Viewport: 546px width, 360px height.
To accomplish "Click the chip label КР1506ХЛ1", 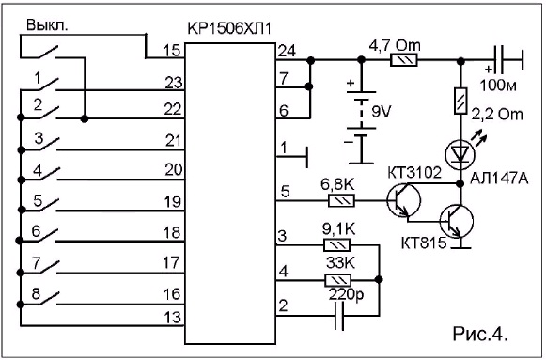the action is point(229,28).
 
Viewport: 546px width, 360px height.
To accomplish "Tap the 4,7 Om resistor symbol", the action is point(404,60).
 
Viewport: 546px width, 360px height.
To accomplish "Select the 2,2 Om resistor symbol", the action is point(460,101).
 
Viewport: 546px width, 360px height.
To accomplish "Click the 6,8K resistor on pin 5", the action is point(341,200).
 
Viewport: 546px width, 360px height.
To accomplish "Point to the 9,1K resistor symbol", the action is point(337,244).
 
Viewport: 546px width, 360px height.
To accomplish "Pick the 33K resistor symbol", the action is point(337,279).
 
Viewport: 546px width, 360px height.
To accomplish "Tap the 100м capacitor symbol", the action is point(502,60).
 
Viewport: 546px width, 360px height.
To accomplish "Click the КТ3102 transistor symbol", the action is point(404,200).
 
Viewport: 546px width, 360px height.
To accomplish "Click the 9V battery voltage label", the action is point(382,112).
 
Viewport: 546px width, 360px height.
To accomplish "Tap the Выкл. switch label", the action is point(47,25).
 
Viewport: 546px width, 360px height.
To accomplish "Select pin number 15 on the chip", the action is point(172,51).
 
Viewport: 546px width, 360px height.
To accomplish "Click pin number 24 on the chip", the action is point(287,51).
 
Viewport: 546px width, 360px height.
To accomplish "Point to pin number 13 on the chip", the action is point(172,317).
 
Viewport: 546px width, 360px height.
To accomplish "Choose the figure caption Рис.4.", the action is point(480,334).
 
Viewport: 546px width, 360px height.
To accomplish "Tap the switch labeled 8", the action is point(39,300).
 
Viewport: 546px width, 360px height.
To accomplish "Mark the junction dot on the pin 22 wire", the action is point(85,119).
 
